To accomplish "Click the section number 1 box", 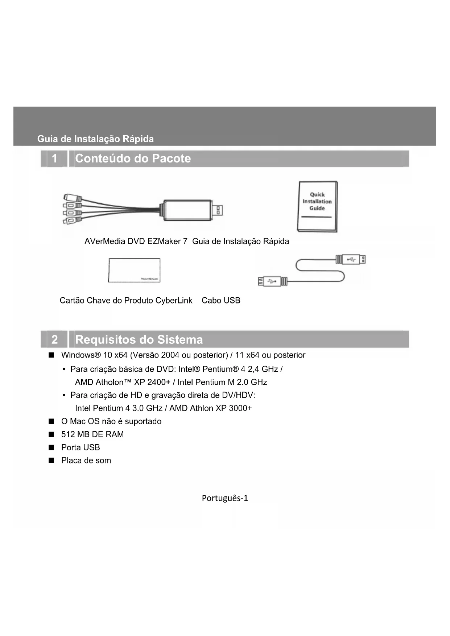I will point(54,158).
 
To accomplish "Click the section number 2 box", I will point(54,339).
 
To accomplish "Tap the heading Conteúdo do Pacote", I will point(133,158).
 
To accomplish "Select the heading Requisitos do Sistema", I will point(139,339).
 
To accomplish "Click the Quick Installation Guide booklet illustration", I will point(317,206).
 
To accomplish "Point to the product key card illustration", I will point(134,270).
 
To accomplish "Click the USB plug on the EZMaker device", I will point(219,210).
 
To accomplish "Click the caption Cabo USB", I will point(221,301).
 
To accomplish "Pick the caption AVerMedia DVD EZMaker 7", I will point(136,241).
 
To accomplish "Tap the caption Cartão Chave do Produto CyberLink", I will point(126,301).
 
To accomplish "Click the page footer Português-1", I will point(225,498).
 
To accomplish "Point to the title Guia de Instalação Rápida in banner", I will point(95,139).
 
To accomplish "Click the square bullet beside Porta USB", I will point(51,447).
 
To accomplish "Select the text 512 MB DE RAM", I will point(92,434).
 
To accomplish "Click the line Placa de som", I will point(86,461).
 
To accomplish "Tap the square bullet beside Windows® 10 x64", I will point(51,355).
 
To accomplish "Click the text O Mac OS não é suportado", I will point(111,421).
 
